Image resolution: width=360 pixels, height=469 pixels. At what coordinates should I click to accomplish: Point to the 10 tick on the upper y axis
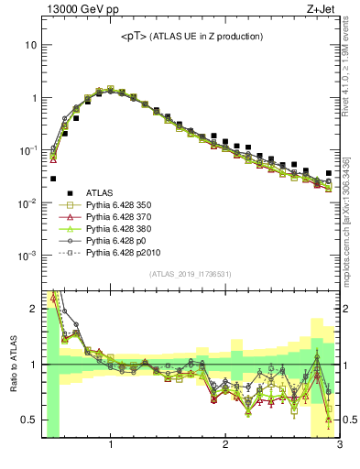tap(32, 45)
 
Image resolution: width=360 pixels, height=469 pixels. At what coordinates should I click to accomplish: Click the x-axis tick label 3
tap(339, 446)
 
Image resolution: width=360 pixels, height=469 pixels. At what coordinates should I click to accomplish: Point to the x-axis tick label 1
tap(110, 446)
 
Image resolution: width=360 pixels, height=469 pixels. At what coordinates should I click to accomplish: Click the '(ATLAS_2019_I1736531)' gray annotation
tap(190, 274)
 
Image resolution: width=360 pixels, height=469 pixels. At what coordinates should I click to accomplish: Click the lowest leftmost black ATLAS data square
tap(53, 179)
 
